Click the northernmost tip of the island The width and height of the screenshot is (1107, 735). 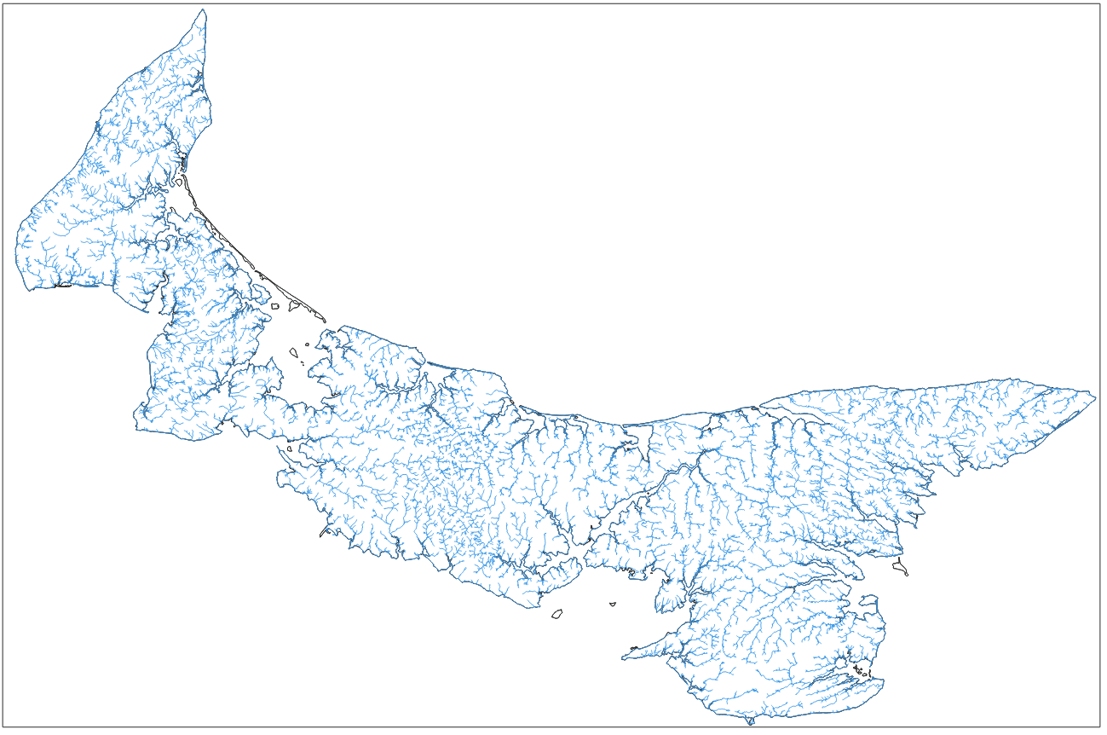[x=203, y=10]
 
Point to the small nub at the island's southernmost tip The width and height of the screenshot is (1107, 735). [x=750, y=722]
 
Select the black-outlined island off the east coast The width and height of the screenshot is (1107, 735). [x=900, y=568]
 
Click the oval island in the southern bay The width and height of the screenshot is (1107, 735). [x=558, y=613]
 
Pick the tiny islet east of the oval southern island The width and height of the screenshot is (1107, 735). [x=612, y=605]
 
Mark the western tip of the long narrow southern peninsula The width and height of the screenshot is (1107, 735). [x=623, y=657]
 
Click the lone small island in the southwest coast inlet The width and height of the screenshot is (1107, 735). [x=290, y=449]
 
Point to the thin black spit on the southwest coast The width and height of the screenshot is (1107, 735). [x=324, y=534]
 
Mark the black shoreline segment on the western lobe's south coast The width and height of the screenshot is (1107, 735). [x=63, y=286]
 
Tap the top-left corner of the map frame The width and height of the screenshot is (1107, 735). [x=3, y=3]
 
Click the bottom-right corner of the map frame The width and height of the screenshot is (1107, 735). [x=1101, y=728]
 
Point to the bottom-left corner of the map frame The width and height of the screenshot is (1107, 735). [x=3, y=728]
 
